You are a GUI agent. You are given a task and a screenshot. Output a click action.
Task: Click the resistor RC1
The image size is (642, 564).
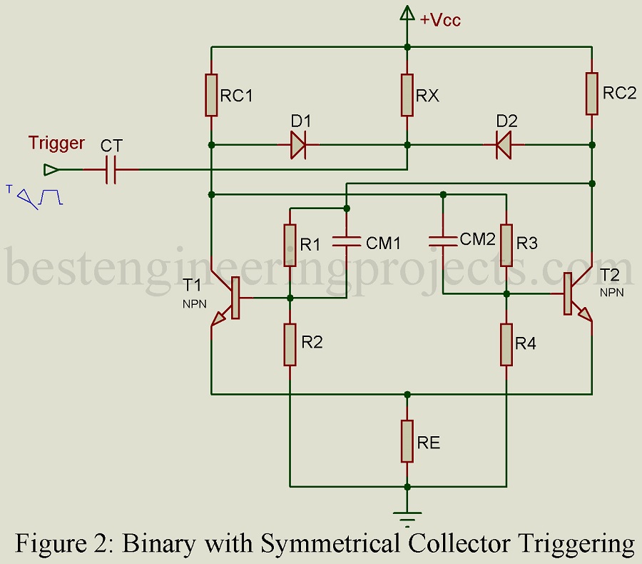click(212, 94)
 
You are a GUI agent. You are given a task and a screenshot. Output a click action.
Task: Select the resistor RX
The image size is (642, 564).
click(407, 94)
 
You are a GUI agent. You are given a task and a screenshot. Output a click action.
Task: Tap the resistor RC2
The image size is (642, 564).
click(592, 93)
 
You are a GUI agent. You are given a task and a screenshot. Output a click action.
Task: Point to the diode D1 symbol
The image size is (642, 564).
click(298, 145)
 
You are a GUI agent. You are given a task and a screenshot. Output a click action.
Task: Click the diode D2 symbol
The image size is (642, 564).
click(504, 145)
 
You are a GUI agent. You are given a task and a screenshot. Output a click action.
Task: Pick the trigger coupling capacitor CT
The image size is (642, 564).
click(111, 170)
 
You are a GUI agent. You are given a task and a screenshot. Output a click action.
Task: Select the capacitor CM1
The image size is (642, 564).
click(346, 243)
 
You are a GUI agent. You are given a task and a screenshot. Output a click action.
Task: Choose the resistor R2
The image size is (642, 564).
click(290, 343)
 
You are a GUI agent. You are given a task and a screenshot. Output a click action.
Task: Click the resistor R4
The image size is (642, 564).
click(506, 343)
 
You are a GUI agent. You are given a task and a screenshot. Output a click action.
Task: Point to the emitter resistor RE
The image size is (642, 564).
click(407, 441)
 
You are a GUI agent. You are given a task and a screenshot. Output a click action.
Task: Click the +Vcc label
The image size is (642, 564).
click(439, 20)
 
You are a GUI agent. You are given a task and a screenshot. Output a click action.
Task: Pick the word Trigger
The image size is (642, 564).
click(56, 143)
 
